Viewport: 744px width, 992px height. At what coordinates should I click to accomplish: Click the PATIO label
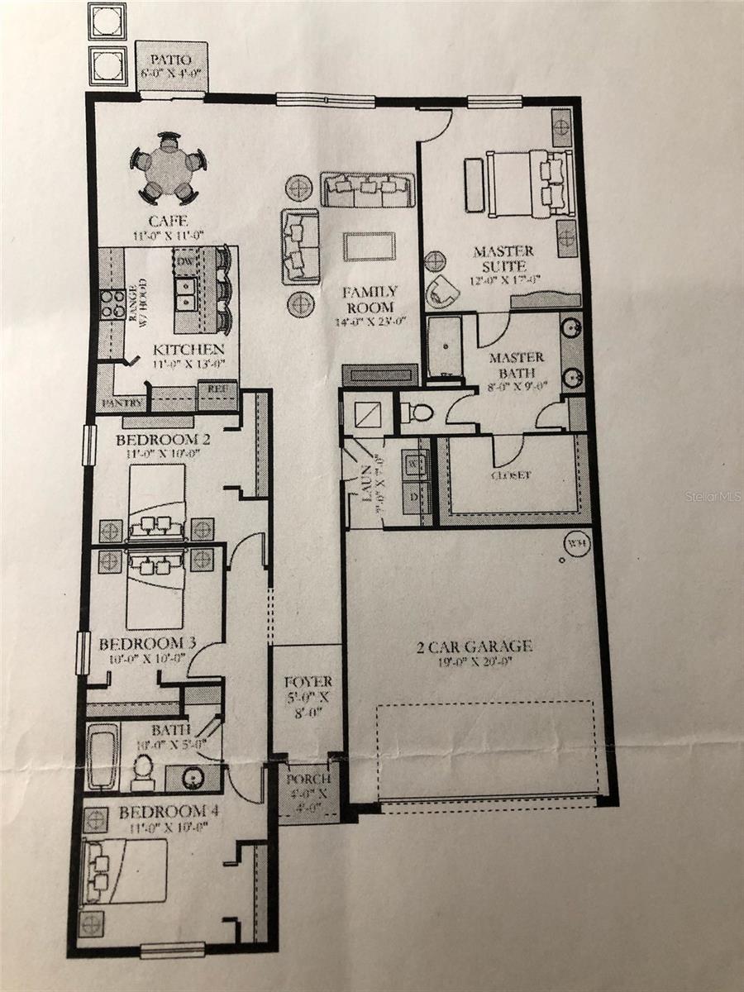(171, 60)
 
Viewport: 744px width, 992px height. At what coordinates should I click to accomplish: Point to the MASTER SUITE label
(503, 258)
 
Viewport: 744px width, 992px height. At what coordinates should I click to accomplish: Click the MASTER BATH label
(517, 365)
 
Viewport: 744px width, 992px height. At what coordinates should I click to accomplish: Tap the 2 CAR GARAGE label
(474, 646)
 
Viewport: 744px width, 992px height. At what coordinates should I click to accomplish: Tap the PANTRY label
(123, 403)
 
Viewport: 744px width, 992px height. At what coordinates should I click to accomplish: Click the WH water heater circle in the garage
(575, 543)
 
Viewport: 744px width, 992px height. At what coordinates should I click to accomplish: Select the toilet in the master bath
(411, 411)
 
